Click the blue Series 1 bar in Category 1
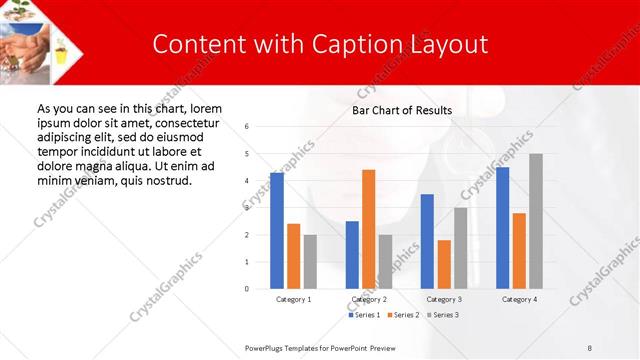pyautogui.click(x=277, y=231)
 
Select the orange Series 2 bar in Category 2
pyautogui.click(x=368, y=229)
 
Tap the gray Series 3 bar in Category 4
pyautogui.click(x=536, y=221)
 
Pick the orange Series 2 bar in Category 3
pyautogui.click(x=444, y=264)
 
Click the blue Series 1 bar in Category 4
pyautogui.click(x=502, y=228)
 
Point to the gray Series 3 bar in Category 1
pyautogui.click(x=310, y=262)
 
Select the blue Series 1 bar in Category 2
pyautogui.click(x=352, y=255)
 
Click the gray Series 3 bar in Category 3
pyautogui.click(x=460, y=248)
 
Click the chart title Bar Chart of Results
pyautogui.click(x=402, y=110)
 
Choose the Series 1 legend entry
pyautogui.click(x=364, y=315)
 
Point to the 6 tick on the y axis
pyautogui.click(x=247, y=127)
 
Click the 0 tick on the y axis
pyautogui.click(x=247, y=289)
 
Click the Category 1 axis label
pyautogui.click(x=294, y=299)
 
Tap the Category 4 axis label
pyautogui.click(x=519, y=299)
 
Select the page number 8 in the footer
pyautogui.click(x=589, y=347)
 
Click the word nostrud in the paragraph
pyautogui.click(x=167, y=180)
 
